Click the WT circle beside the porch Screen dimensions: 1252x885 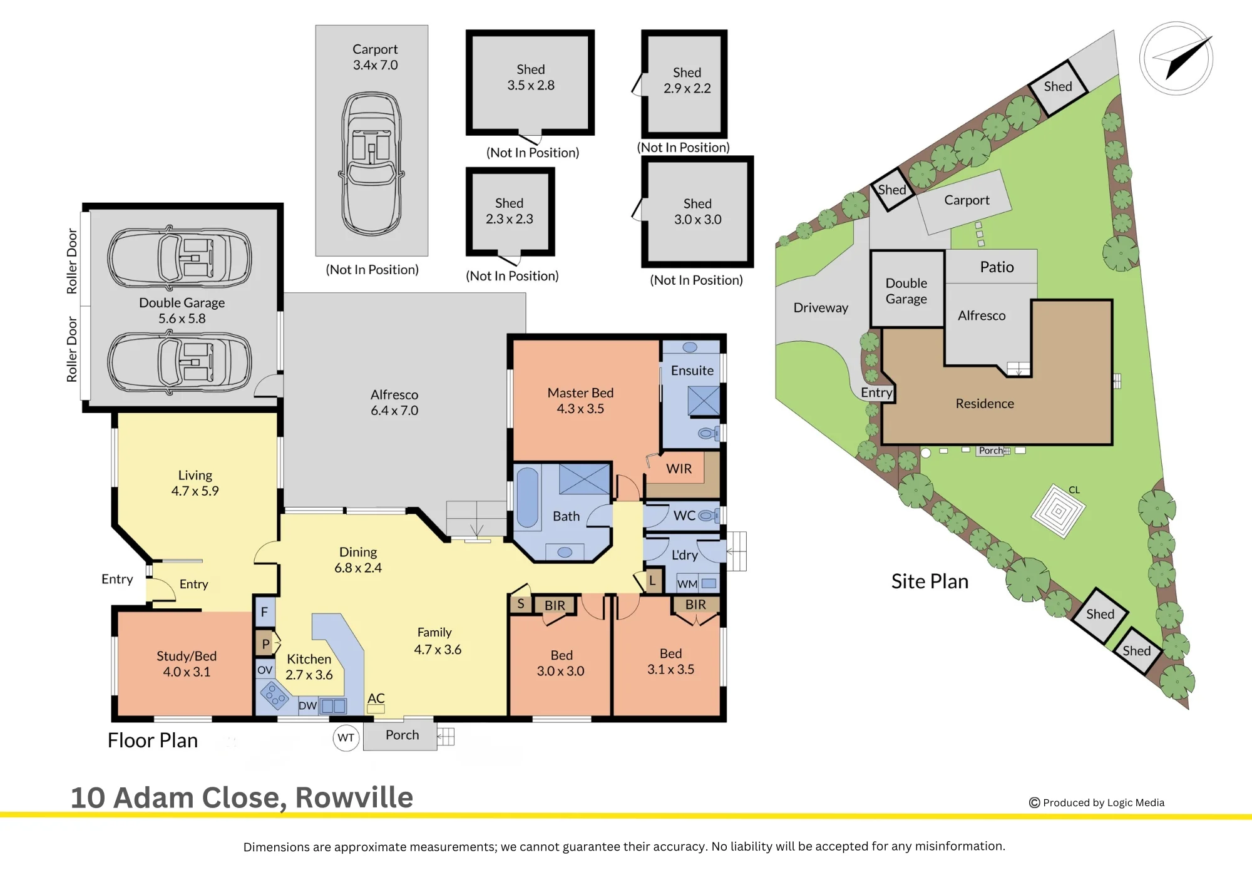(x=346, y=737)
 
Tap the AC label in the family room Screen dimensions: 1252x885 (x=376, y=698)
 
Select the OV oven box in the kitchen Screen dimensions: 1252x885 (x=265, y=670)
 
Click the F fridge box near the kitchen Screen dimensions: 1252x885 (x=264, y=611)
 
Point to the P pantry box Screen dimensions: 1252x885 (x=266, y=643)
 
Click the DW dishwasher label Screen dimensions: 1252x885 (x=307, y=706)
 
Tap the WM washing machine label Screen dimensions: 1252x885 (x=687, y=584)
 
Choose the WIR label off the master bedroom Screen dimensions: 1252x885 (x=679, y=469)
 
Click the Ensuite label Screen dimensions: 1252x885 (x=692, y=371)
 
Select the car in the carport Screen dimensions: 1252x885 (x=372, y=164)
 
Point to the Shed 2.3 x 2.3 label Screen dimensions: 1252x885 (x=510, y=211)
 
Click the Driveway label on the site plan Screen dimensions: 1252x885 (x=821, y=308)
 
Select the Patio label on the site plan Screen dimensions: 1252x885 (x=997, y=267)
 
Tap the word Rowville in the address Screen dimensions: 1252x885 (x=354, y=797)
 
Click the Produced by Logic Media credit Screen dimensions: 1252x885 (x=1097, y=802)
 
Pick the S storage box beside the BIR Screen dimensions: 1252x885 (x=521, y=604)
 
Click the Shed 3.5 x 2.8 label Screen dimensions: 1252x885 (x=531, y=77)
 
